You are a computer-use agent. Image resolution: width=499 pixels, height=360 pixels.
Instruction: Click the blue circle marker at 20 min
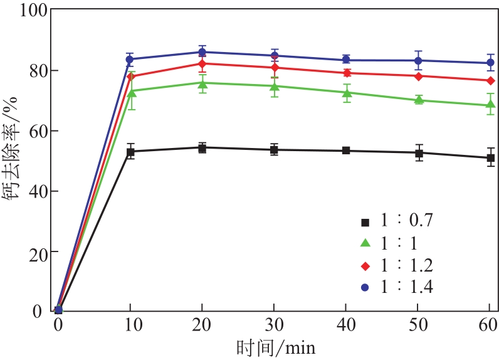202,52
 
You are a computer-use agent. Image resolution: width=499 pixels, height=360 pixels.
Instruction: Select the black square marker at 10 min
130,152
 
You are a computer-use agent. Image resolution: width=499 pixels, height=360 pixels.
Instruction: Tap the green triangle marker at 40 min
346,92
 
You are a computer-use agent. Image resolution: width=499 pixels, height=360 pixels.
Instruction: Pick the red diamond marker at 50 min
418,76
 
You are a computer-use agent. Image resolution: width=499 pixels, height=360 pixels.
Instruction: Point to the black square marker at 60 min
490,158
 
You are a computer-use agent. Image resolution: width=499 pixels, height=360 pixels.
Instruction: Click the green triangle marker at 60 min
490,105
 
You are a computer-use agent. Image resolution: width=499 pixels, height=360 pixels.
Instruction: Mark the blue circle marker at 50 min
418,61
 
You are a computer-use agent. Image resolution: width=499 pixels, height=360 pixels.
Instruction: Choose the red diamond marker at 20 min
202,63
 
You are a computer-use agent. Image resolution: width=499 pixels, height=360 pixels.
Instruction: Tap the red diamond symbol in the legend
365,265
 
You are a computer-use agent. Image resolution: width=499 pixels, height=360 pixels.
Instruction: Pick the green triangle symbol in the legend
365,243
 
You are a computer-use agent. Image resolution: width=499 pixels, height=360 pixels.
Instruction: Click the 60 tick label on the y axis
34,131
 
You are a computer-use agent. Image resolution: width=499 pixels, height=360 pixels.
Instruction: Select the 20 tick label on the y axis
34,251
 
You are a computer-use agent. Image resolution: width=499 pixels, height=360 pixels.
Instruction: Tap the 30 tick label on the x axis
274,326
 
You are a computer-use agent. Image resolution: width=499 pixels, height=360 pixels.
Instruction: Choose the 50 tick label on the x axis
418,326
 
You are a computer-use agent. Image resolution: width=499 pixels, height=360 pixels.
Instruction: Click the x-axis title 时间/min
276,347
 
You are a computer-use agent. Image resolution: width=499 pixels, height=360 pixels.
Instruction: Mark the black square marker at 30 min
274,150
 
